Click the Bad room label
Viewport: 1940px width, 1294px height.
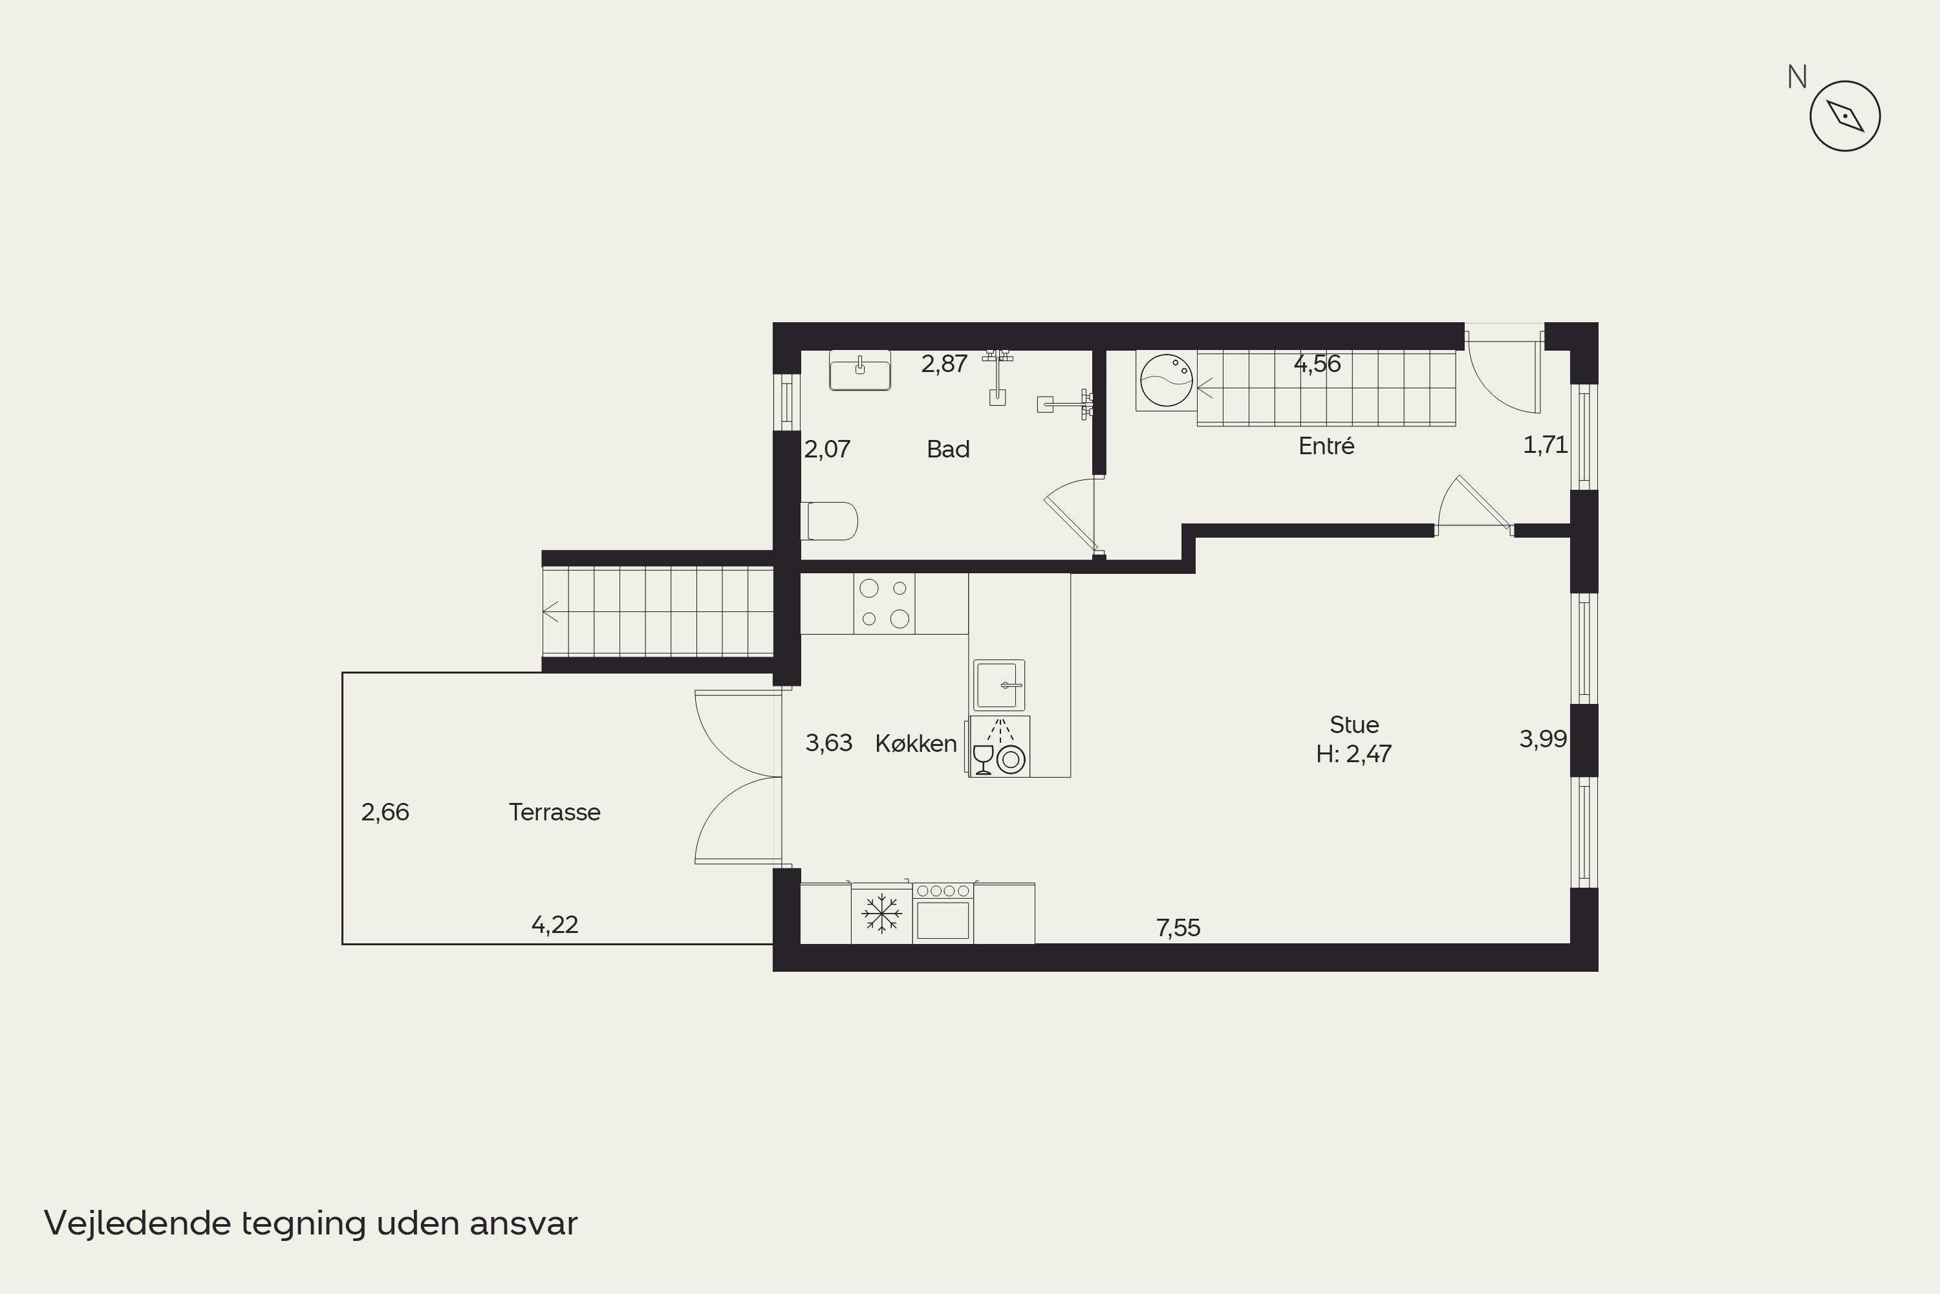tap(948, 449)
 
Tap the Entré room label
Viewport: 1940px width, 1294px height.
tap(1326, 446)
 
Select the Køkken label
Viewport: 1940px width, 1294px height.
tap(916, 743)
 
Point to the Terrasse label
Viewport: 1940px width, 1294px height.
tap(554, 812)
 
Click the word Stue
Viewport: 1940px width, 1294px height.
tap(1354, 725)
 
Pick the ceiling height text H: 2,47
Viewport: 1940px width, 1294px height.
tap(1353, 754)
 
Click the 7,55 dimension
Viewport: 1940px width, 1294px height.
tap(1178, 928)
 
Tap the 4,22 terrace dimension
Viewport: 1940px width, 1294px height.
tap(554, 925)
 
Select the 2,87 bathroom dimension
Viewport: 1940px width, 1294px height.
tap(943, 364)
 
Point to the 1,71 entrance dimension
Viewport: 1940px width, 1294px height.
tap(1545, 445)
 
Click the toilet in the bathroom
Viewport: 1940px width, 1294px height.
tap(830, 521)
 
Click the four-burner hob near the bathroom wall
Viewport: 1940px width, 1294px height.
tap(884, 603)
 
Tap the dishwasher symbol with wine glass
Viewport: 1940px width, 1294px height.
tap(999, 747)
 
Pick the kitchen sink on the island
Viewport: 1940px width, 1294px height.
tap(999, 685)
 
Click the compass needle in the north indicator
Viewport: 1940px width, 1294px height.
tap(1845, 116)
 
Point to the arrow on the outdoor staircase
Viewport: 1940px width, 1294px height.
tap(551, 611)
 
